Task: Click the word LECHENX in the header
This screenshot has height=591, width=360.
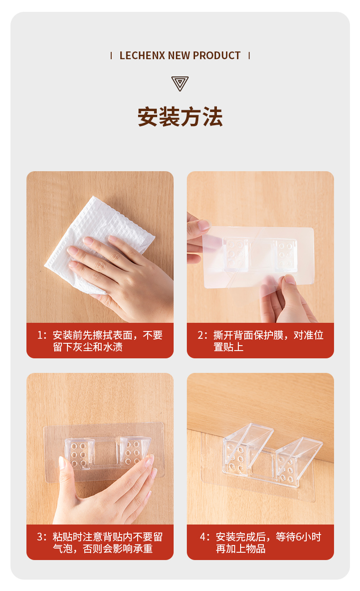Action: (142, 56)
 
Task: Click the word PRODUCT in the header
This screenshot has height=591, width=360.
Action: (216, 56)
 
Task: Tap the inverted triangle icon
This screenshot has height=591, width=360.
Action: (180, 84)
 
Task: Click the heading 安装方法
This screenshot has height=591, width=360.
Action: (180, 117)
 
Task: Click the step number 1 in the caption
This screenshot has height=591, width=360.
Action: (40, 335)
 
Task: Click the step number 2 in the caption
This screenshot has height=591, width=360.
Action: (201, 335)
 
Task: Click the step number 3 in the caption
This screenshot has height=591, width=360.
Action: (40, 537)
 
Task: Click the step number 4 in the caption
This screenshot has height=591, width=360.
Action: (203, 537)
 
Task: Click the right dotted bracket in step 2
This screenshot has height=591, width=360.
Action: (286, 255)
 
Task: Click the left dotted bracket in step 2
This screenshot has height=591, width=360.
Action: (236, 255)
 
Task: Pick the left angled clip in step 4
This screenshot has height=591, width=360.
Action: (246, 448)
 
